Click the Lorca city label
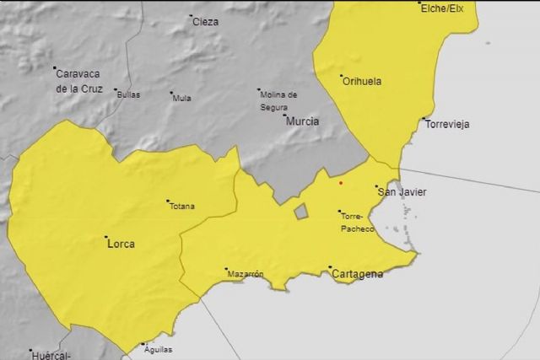121,244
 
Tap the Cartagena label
359,275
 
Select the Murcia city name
303,121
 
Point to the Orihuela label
362,82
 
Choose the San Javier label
402,192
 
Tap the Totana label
182,207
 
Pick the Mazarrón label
246,274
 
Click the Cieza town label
205,22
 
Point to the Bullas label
128,94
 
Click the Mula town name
181,98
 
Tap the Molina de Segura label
279,100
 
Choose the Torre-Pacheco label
358,222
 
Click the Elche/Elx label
441,8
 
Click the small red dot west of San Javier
341,181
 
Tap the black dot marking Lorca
105,237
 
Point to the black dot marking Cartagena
330,268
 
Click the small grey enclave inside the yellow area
301,211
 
